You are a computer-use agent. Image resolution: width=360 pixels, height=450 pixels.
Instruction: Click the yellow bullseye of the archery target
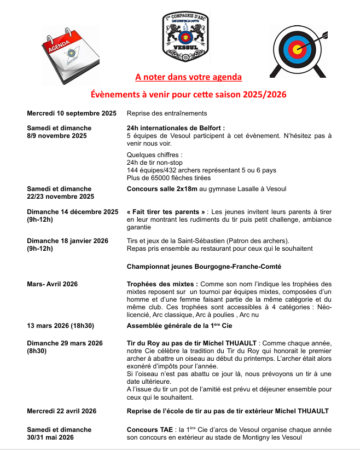point(297,50)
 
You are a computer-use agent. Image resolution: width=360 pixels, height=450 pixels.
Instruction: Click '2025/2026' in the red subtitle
point(262,95)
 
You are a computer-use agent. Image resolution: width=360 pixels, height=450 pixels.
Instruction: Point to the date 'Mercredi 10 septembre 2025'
point(72,113)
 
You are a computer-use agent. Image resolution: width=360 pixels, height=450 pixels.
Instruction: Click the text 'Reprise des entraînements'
point(166,113)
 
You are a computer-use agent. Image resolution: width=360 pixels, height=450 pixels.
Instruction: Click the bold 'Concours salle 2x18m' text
point(163,189)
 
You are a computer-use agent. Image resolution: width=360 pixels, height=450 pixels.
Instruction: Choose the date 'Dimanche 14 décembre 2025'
point(73,211)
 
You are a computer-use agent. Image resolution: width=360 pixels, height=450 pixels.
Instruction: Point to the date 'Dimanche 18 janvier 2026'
point(67,241)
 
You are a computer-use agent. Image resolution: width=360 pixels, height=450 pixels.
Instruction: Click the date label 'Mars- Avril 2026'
point(52,284)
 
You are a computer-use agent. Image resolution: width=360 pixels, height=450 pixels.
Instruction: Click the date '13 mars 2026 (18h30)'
point(61,326)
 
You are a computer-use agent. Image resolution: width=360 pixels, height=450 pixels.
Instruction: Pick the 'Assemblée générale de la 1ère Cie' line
point(179,326)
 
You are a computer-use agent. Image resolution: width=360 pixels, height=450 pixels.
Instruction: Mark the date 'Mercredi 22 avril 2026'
point(62,411)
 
